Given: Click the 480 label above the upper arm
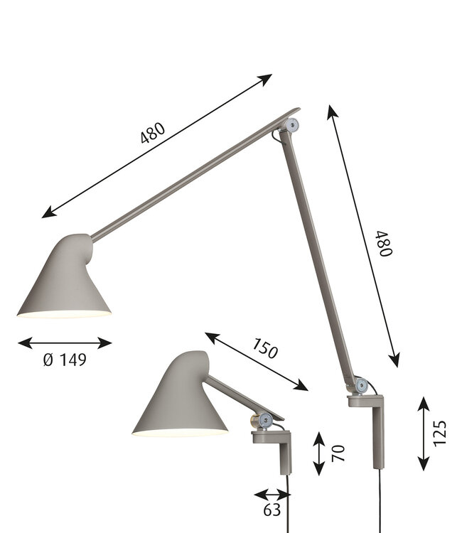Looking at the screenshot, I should (x=153, y=134).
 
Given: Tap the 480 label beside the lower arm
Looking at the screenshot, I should (x=385, y=244).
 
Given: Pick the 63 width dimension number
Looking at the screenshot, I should (x=272, y=510).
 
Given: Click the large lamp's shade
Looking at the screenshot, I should (x=64, y=281).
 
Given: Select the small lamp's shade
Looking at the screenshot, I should (x=178, y=398).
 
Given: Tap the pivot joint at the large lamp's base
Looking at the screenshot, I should (x=362, y=387).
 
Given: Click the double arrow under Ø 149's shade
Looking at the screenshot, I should (x=65, y=343).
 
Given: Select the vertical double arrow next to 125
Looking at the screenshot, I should (x=424, y=433).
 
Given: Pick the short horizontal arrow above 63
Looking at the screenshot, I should (x=272, y=494).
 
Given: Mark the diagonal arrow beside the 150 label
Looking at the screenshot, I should (x=256, y=361).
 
